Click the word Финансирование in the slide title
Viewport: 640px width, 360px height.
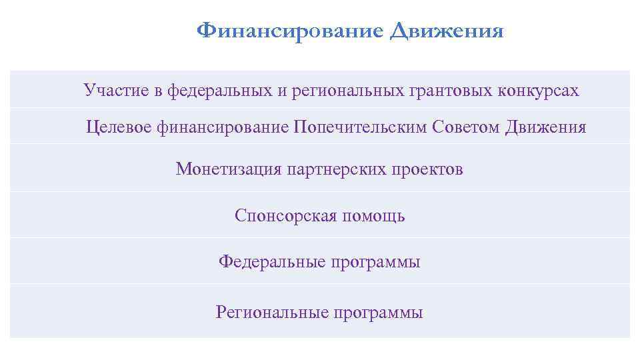click(x=291, y=31)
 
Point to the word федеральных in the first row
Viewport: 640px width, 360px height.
click(x=218, y=91)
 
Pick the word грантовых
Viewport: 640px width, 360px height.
click(x=449, y=91)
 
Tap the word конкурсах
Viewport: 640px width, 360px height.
click(x=538, y=91)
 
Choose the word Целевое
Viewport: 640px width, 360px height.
click(x=119, y=127)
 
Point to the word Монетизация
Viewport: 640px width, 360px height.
click(x=229, y=169)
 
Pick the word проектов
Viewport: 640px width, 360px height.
click(x=427, y=169)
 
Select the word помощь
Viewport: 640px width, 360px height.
click(x=373, y=216)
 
